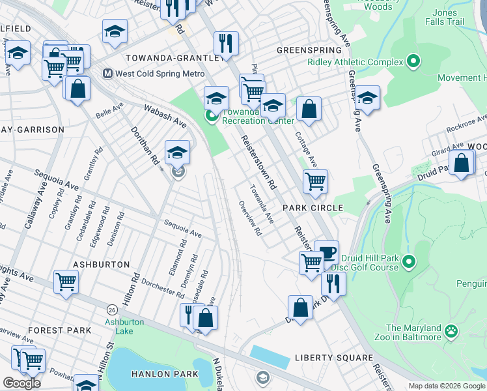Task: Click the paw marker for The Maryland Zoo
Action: point(451,332)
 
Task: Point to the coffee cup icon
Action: point(326,252)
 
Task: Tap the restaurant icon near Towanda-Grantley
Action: point(226,43)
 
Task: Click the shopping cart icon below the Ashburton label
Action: point(66,282)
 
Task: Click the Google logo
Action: point(21,383)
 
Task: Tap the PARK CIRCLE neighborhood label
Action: point(313,207)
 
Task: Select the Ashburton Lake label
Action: point(120,326)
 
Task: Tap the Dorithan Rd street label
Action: point(146,149)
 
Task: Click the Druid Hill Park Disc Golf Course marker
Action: point(408,262)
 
